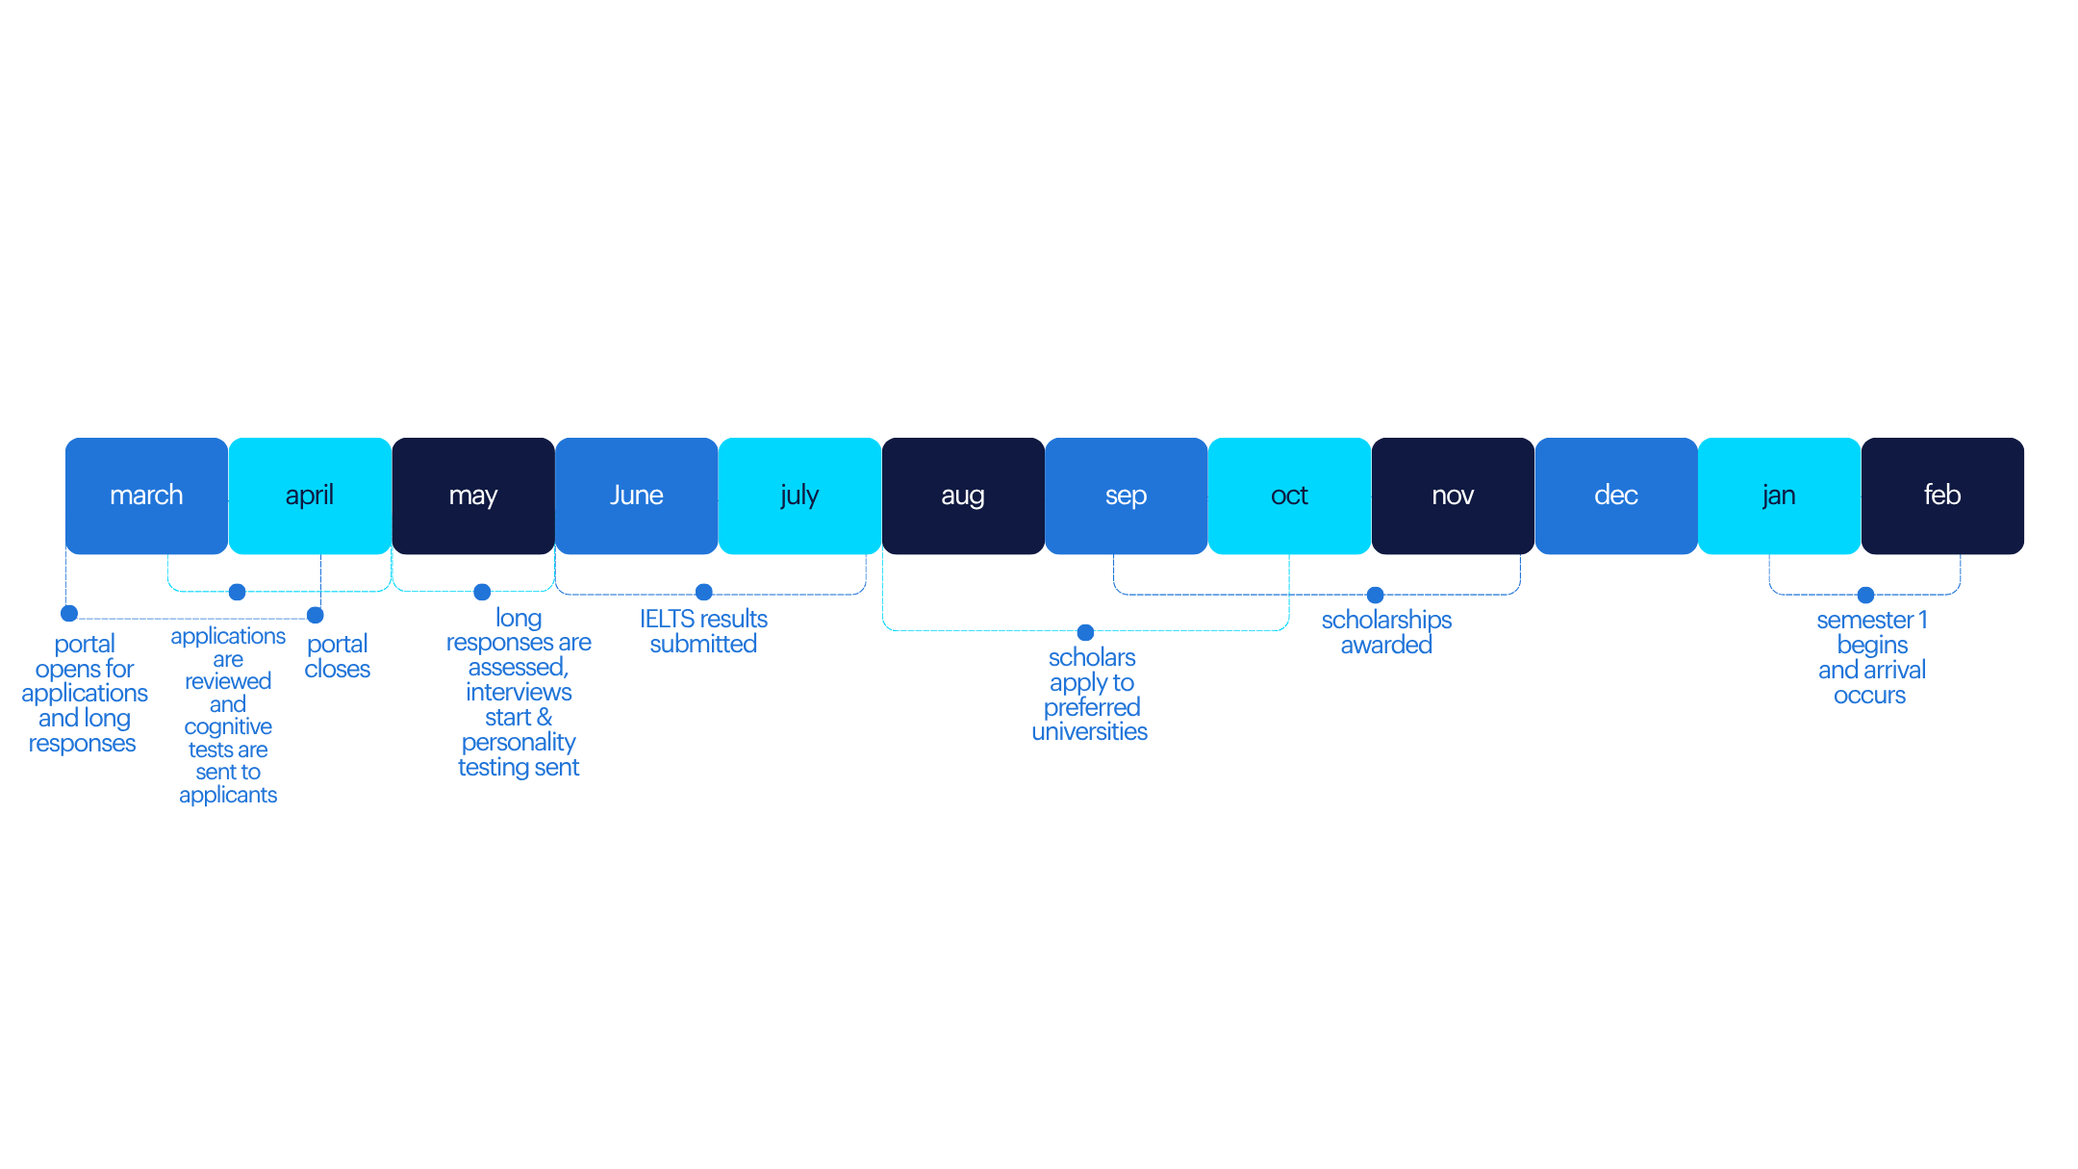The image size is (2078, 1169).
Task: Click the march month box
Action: coord(146,496)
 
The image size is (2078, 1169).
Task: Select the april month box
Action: coord(310,496)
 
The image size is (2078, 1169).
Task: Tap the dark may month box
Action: coord(472,496)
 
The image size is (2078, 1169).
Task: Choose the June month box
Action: coord(636,496)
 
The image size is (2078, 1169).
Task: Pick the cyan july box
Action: coord(799,496)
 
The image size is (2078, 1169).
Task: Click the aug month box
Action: coord(963,496)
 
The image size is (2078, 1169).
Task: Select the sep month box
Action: coord(1126,496)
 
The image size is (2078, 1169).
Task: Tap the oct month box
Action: coord(1289,496)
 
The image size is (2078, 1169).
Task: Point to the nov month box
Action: coord(1453,496)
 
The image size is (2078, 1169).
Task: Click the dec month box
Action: coord(1616,496)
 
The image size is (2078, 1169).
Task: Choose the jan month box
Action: coord(1779,496)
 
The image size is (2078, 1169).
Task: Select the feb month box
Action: coord(1942,496)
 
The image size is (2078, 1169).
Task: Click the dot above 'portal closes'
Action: coord(316,615)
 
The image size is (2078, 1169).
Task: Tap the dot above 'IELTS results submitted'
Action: coord(704,592)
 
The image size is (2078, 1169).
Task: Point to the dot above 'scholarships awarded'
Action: coord(1376,595)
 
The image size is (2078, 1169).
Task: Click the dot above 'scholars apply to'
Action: coord(1086,632)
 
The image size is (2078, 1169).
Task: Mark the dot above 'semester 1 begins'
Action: coord(1866,595)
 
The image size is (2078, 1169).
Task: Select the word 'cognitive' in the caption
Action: coord(228,727)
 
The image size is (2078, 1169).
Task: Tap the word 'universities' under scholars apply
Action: coord(1090,732)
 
